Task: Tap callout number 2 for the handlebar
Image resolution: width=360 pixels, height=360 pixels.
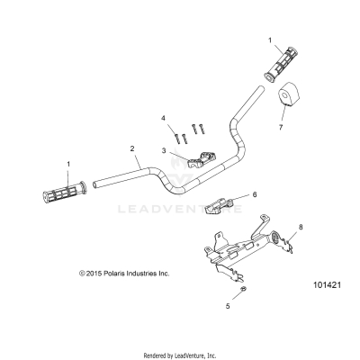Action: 132,148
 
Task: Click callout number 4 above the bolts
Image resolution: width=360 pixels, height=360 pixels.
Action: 163,118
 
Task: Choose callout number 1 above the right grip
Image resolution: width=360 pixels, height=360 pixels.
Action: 268,40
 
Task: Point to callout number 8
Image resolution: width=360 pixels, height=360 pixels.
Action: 301,228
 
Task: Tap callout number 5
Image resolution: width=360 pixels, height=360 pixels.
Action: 227,307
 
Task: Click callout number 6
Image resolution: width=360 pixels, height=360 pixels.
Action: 255,193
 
